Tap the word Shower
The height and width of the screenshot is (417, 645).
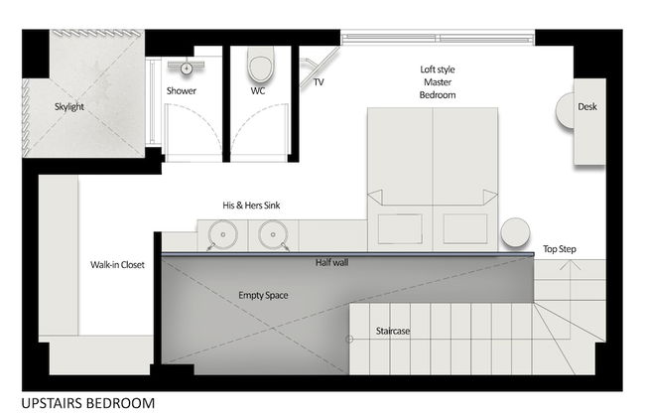tap(181, 91)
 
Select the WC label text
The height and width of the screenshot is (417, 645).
tap(258, 91)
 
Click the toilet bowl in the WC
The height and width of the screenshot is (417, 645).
tap(259, 67)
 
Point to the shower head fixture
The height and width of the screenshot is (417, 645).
tap(186, 68)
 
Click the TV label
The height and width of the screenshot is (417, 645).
tap(319, 82)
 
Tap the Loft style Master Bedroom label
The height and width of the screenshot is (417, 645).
tap(438, 81)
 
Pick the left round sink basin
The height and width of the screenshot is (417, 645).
tap(224, 237)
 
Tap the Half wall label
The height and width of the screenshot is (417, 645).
tap(332, 263)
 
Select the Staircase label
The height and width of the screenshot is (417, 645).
tap(394, 331)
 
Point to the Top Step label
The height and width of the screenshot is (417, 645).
tap(560, 249)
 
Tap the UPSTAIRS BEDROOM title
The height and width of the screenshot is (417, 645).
tap(86, 403)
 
